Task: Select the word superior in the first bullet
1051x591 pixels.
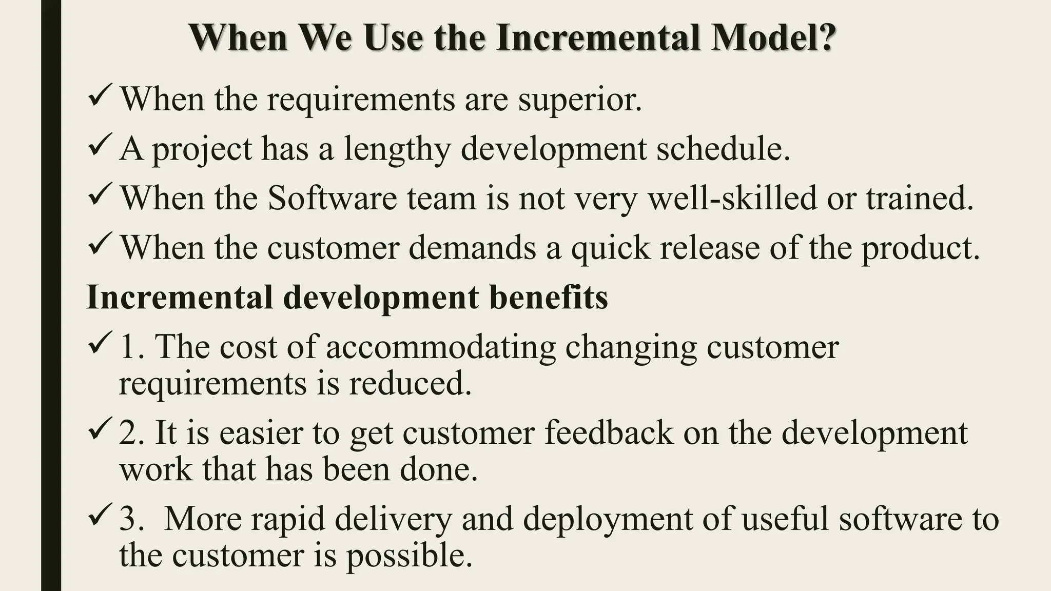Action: [x=579, y=100]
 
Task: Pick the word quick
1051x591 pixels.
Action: [x=610, y=248]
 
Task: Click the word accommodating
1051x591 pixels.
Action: [x=441, y=348]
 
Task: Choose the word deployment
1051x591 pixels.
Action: [x=608, y=520]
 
